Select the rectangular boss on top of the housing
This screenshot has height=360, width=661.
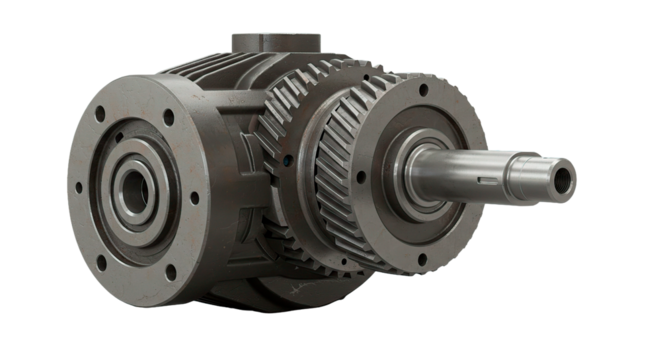(276, 45)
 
